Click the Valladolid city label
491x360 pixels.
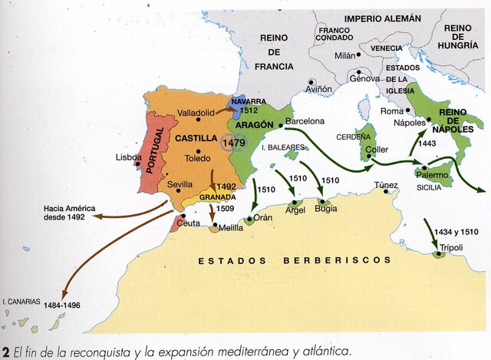[x=196, y=113]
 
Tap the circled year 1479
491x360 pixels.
[x=233, y=143]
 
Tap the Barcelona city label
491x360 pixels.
[x=305, y=121]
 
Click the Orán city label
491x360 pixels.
[x=263, y=217]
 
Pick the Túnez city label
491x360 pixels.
[x=386, y=185]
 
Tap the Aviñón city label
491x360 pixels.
[x=318, y=89]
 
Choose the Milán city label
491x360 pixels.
[x=346, y=55]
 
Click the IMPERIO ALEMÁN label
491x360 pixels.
[x=382, y=18]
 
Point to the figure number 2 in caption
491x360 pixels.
[x=5, y=351]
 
